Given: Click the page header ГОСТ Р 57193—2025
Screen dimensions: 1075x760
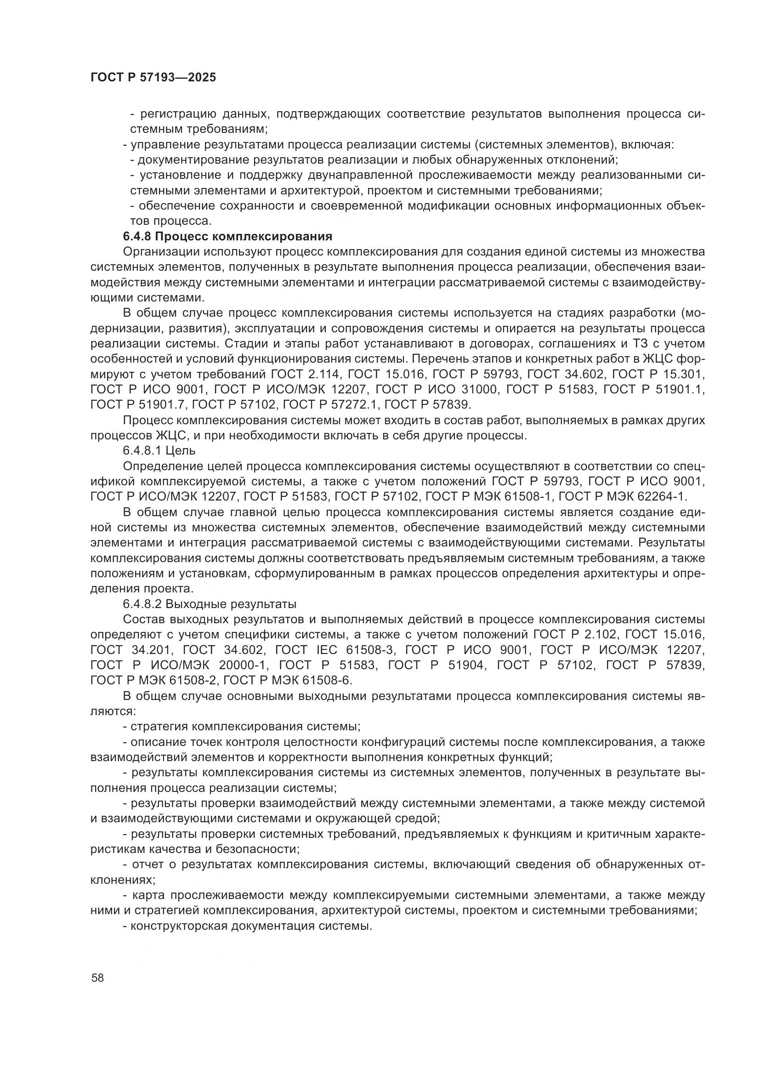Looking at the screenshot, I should [x=153, y=78].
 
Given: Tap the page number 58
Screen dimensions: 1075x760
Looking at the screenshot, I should [x=98, y=978].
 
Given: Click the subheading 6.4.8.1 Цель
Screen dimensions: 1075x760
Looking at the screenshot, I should [x=159, y=450].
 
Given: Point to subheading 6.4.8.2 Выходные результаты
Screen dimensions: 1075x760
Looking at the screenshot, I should [x=210, y=604].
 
